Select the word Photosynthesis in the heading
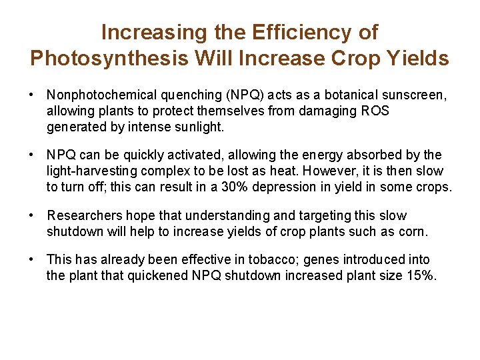pos(109,59)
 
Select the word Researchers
pos(80,216)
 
